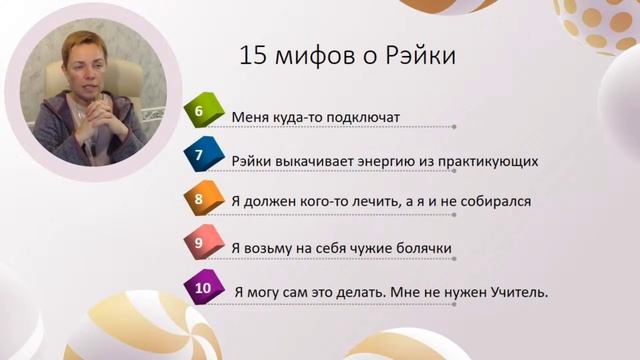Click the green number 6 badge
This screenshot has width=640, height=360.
[x=200, y=113]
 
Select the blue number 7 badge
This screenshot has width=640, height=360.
[x=200, y=156]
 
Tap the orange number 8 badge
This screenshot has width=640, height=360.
[x=200, y=198]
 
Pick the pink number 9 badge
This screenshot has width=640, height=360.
[x=200, y=241]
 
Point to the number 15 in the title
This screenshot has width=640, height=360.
[x=253, y=55]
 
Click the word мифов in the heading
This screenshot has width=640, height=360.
[x=316, y=56]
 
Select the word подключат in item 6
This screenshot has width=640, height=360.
[x=358, y=117]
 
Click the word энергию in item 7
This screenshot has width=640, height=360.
[x=398, y=160]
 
